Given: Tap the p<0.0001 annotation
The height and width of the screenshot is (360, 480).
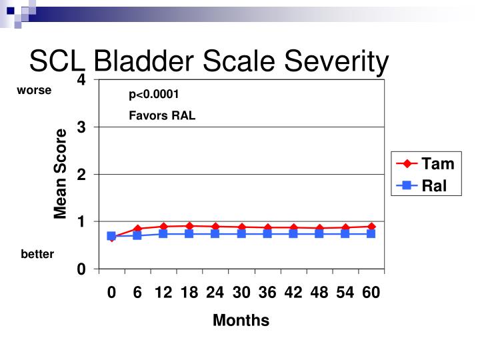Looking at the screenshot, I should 154,95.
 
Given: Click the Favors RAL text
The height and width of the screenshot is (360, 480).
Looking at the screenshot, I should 162,115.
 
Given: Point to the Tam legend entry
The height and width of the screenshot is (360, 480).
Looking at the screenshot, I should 437,164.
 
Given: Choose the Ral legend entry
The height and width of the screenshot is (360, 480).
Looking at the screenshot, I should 434,186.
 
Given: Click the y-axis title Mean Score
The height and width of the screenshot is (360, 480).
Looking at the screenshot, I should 61,174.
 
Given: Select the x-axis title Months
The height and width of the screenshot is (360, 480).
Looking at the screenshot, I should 241,321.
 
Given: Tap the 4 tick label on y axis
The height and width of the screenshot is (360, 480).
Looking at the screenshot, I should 81,80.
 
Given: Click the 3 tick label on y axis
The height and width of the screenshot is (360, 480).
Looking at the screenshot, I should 81,127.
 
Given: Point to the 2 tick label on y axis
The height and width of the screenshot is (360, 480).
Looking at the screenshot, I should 81,175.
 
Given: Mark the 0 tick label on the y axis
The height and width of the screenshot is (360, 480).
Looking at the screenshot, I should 81,269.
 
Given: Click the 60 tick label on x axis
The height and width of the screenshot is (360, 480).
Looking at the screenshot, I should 371,293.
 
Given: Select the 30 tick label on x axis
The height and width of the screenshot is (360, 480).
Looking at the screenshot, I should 241,293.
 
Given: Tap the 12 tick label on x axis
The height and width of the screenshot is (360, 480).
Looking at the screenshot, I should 163,293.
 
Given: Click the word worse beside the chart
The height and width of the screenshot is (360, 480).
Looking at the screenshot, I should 34,90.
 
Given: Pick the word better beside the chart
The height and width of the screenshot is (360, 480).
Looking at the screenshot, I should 37,254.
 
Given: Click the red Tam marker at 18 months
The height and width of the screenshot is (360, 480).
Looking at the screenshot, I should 189,226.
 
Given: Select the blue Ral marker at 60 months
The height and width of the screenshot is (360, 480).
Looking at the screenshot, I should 371,234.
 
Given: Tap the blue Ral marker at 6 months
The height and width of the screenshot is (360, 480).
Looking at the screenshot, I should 137,235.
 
